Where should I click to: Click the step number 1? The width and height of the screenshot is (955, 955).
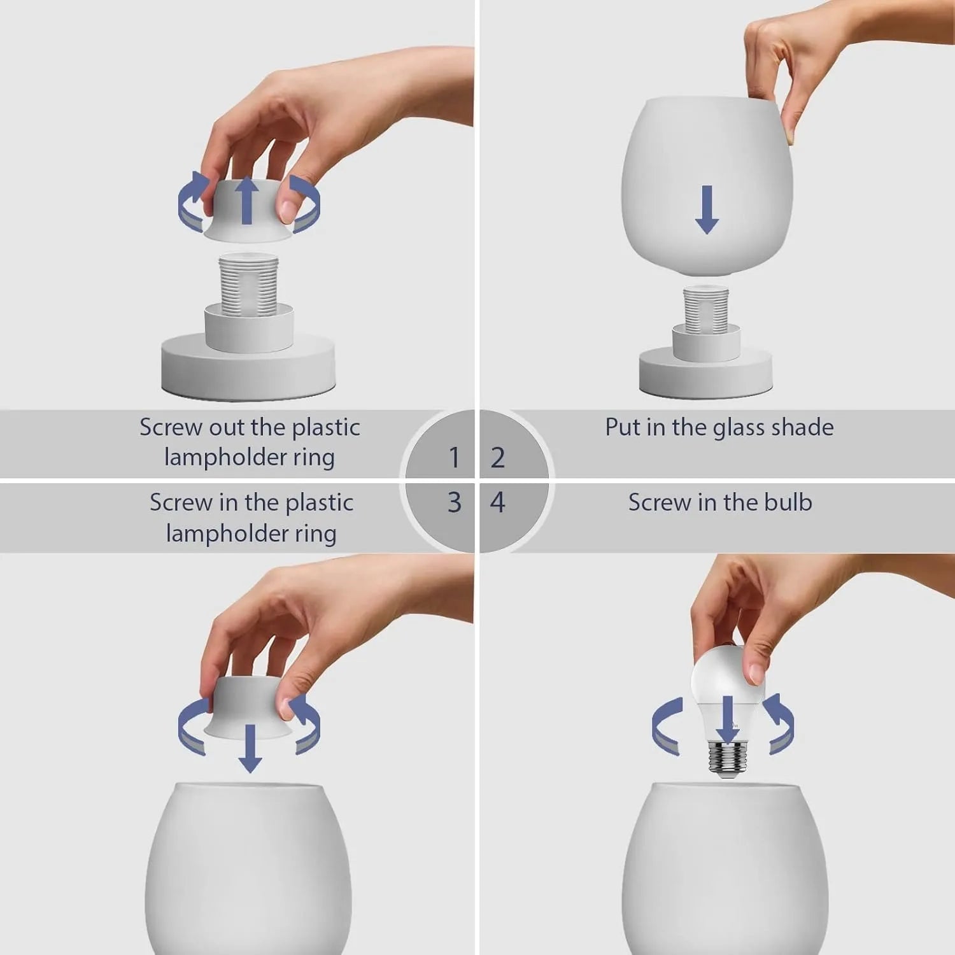pos(453,457)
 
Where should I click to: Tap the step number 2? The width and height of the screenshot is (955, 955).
pos(498,457)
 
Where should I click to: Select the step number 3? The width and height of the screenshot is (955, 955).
pos(453,502)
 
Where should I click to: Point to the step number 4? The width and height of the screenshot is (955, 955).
pos(498,502)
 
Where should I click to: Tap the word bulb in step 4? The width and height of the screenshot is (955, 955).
pos(788,502)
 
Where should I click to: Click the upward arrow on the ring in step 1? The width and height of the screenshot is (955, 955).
pos(247,201)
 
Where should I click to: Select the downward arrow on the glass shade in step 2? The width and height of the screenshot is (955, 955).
pos(707,209)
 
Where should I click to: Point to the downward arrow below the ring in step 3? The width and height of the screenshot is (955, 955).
pos(250,748)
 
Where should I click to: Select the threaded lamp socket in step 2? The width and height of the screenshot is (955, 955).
pos(705,311)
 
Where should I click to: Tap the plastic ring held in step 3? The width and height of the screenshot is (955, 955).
pos(248,707)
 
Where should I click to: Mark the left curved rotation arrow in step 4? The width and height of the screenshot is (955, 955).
pos(667,726)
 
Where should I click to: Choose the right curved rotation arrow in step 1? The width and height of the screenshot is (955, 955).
pos(306,204)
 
